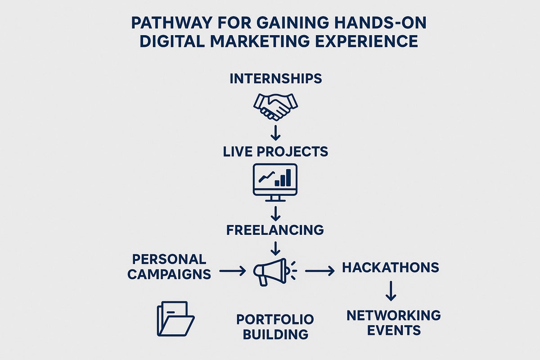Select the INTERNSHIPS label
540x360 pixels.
point(275,79)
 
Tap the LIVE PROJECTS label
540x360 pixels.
point(275,151)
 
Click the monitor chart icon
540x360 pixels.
point(275,180)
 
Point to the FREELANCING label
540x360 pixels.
point(275,229)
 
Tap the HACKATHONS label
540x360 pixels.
point(391,268)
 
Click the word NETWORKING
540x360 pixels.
point(394,315)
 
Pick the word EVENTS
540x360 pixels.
point(394,331)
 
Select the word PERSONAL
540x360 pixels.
point(169,259)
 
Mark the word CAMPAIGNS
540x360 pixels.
point(169,274)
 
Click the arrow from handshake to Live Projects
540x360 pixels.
point(275,132)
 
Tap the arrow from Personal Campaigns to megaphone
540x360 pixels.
point(232,271)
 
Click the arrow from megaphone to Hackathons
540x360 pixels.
point(320,271)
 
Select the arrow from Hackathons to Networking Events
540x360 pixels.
point(391,291)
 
